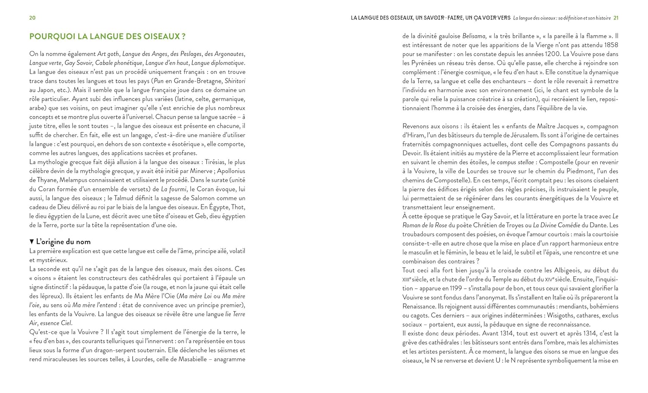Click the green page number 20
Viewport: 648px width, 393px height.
tap(32, 18)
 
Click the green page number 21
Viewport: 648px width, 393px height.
tap(616, 18)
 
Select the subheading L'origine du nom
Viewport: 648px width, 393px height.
tap(63, 242)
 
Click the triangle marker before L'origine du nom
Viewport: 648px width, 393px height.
tap(32, 242)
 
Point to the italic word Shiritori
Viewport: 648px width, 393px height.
tap(235, 81)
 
